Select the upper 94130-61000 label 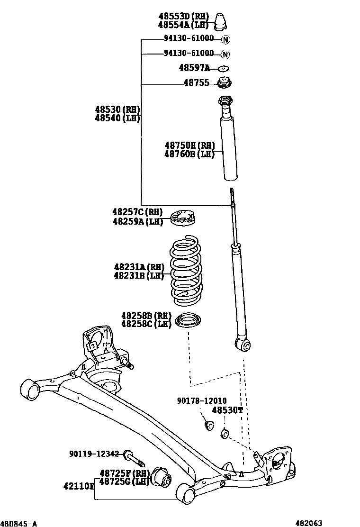tap(189, 39)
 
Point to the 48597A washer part tap(224, 68)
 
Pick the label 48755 tap(196, 83)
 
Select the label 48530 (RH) tap(117, 109)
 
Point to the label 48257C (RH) tap(137, 212)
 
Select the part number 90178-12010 tap(202, 401)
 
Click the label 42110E tap(79, 486)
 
